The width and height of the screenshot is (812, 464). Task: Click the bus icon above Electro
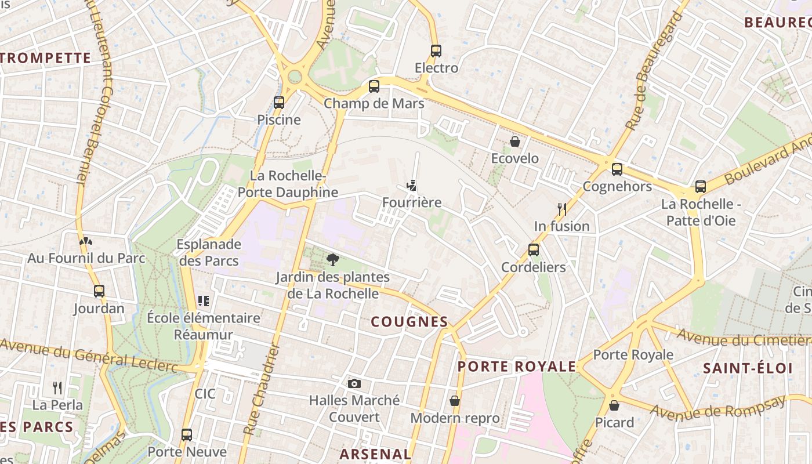pos(436,51)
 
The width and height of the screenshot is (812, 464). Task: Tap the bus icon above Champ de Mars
pos(374,86)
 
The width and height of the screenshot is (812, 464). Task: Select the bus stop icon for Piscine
pos(279,103)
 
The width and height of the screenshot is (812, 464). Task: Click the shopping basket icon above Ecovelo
pos(514,142)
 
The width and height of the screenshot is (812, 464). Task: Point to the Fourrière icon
pos(411,186)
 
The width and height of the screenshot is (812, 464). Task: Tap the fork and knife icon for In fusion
pos(561,209)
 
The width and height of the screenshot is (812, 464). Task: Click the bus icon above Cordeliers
pos(533,250)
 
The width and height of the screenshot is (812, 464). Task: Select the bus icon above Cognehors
pos(617,169)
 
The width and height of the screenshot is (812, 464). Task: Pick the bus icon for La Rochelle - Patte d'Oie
pos(701,187)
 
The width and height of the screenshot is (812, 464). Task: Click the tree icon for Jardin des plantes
pos(332,259)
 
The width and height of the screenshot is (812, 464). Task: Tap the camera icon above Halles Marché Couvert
pos(354,383)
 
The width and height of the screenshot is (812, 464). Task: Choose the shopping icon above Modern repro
pos(455,401)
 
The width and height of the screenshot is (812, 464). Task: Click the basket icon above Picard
pos(614,405)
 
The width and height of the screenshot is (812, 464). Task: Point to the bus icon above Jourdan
pos(99,291)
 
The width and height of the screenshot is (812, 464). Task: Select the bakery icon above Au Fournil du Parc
pos(86,241)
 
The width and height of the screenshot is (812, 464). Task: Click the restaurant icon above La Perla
pos(57,387)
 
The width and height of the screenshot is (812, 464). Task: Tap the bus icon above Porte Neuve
pos(187,434)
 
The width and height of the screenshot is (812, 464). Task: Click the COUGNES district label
pos(409,322)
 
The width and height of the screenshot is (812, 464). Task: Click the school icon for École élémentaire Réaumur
pos(203,301)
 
